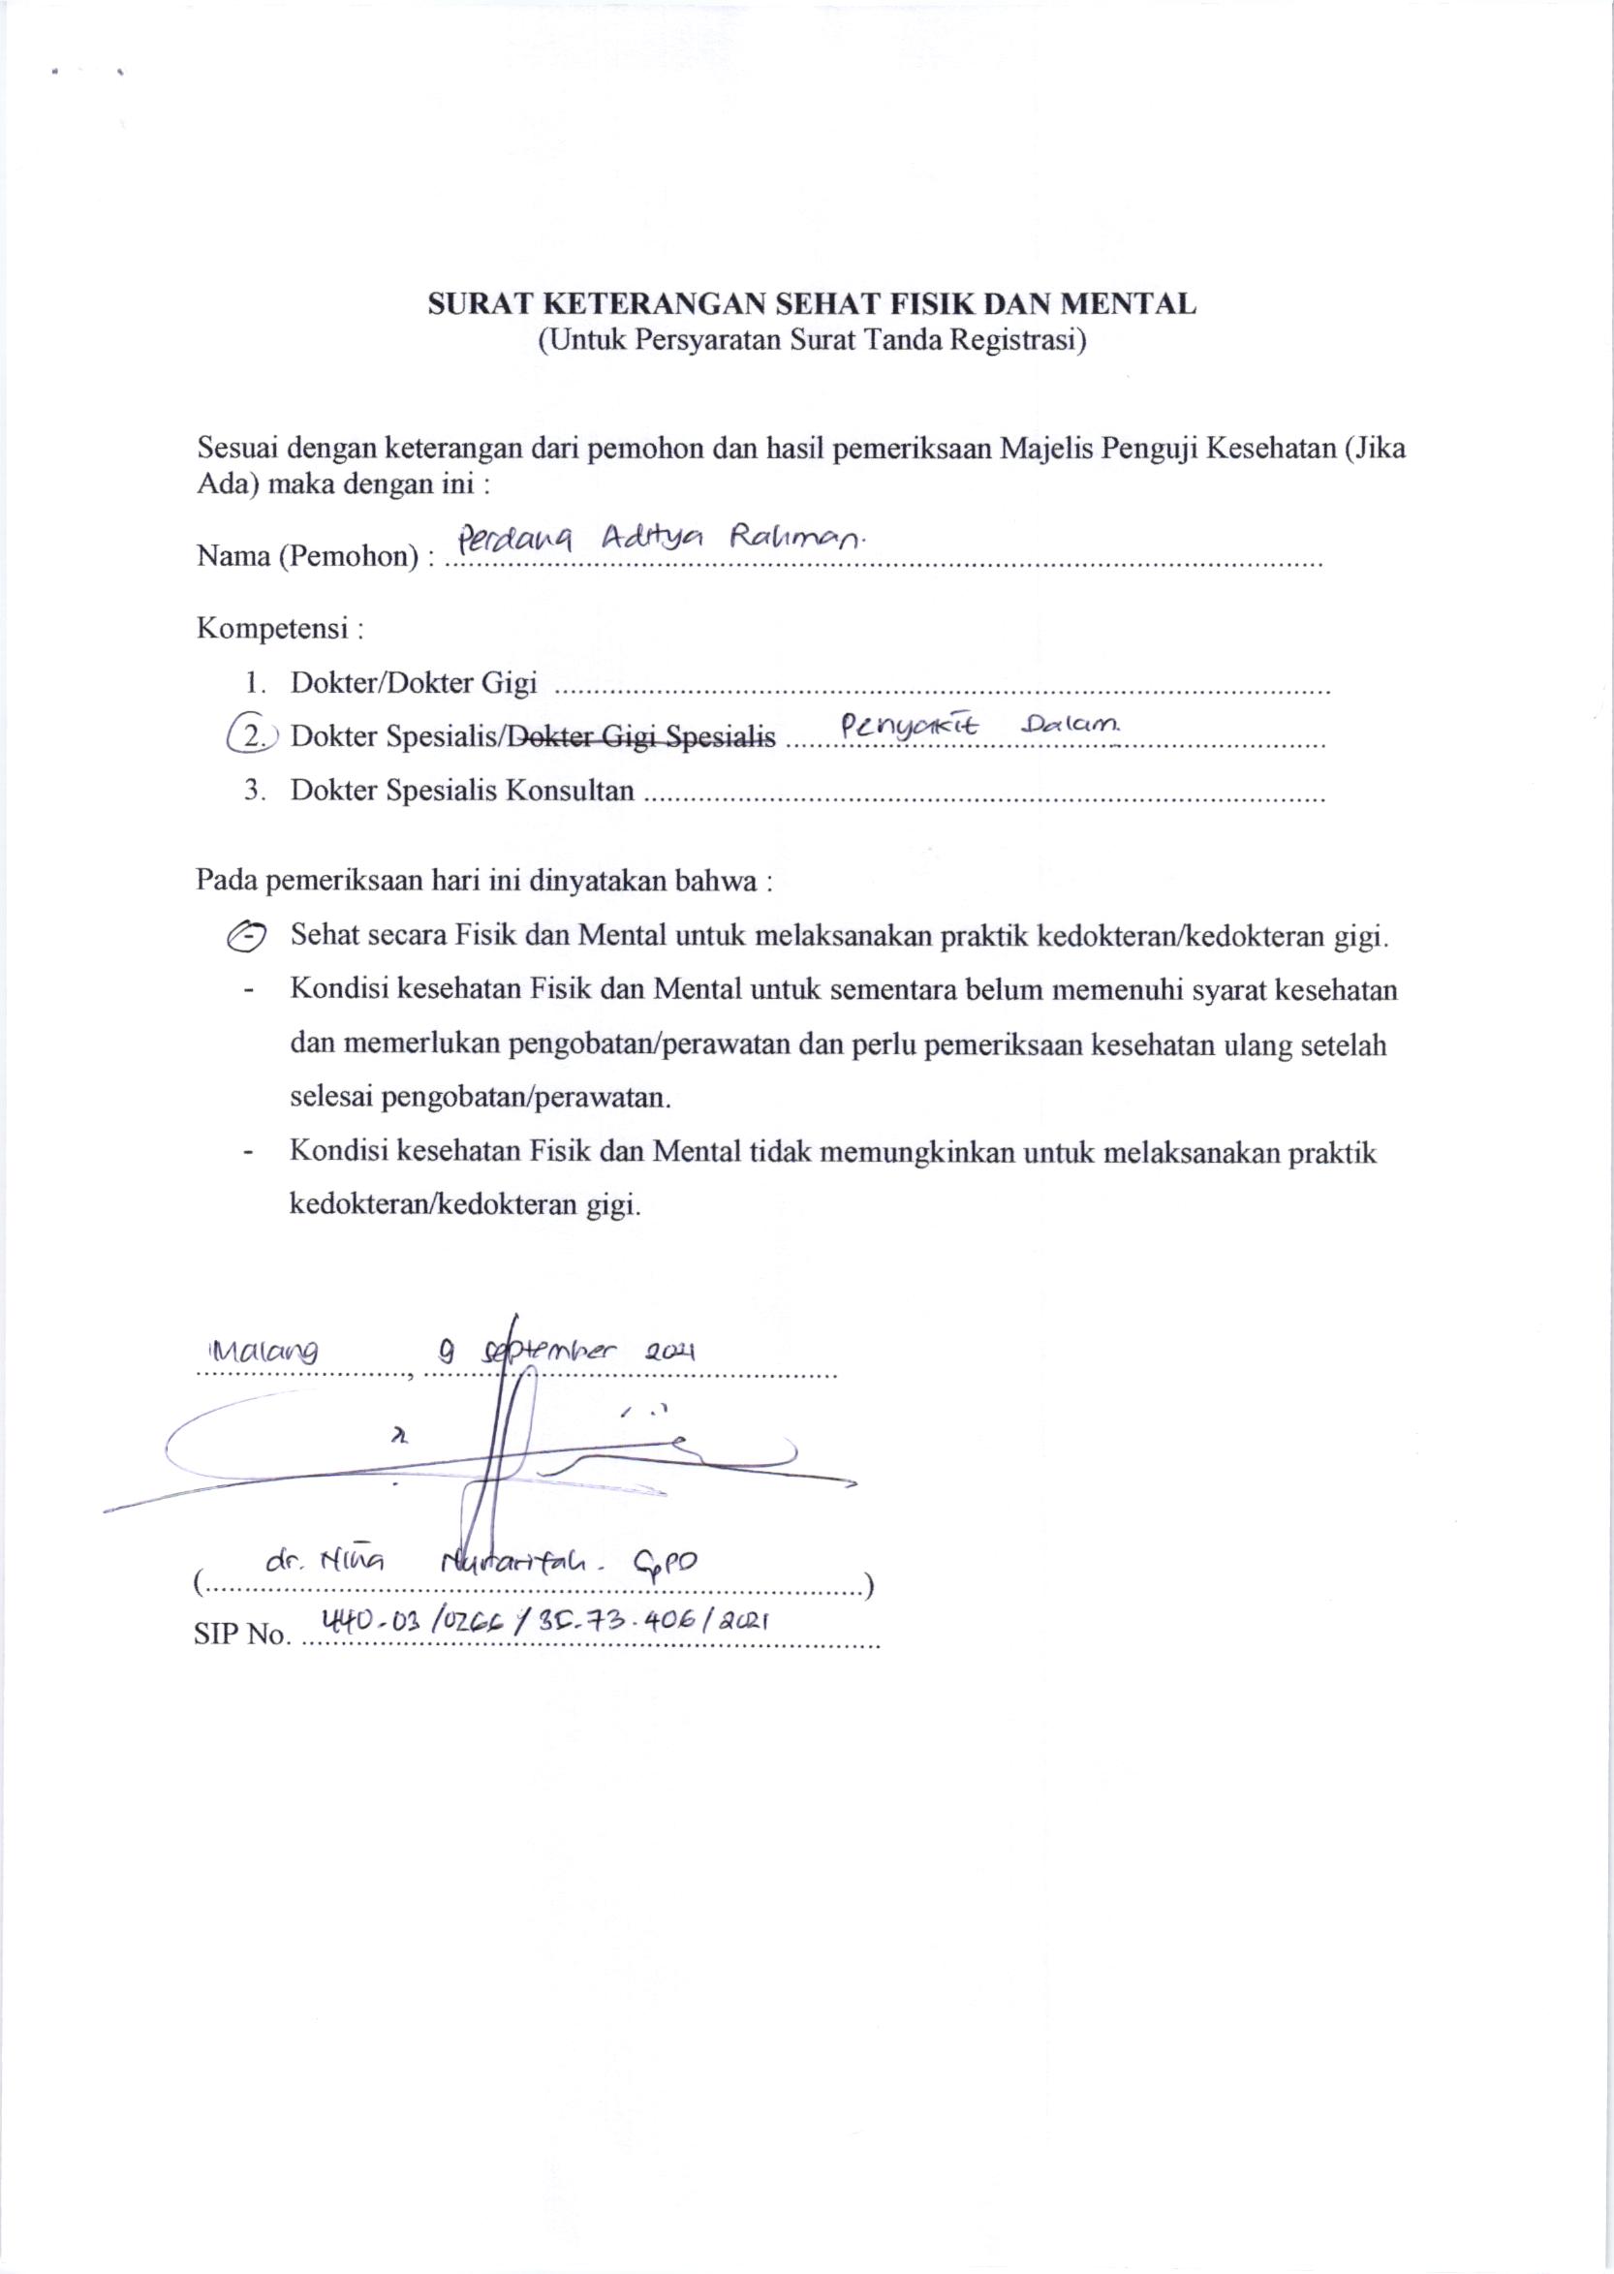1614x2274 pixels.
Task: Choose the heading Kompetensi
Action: tap(276, 629)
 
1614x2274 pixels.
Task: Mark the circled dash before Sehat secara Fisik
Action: tap(245, 936)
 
